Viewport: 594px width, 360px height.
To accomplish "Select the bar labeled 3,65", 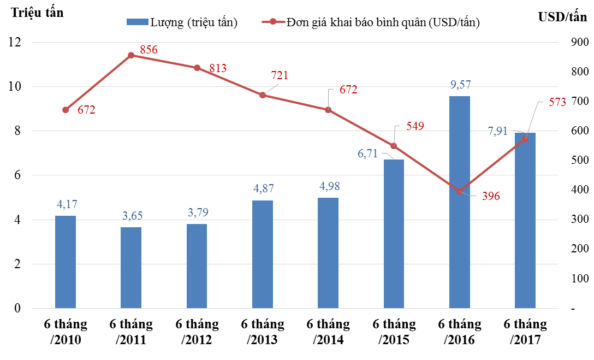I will [131, 268].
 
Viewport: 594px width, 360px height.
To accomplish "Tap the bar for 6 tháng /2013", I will [263, 255].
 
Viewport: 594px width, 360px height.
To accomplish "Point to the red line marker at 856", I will [131, 55].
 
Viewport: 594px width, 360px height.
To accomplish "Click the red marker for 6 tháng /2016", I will [459, 191].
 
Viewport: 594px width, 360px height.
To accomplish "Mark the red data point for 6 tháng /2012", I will [197, 68].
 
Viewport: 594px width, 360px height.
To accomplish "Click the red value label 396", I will [490, 196].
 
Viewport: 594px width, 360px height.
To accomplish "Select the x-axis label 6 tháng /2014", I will [328, 332].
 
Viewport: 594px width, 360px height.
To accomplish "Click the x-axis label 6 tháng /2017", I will [525, 332].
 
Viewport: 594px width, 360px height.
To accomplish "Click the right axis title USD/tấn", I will [562, 17].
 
